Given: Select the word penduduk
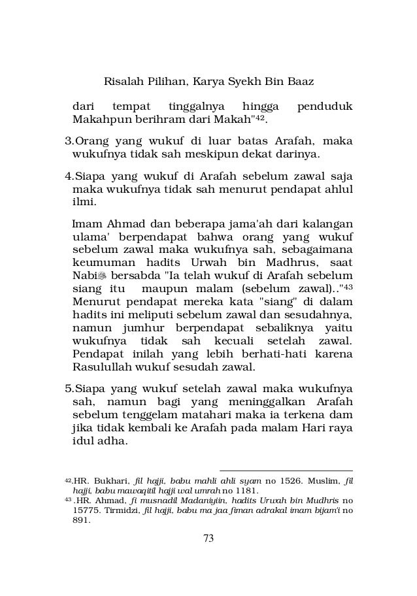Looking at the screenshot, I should point(324,106).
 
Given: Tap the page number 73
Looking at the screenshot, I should point(208,556).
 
